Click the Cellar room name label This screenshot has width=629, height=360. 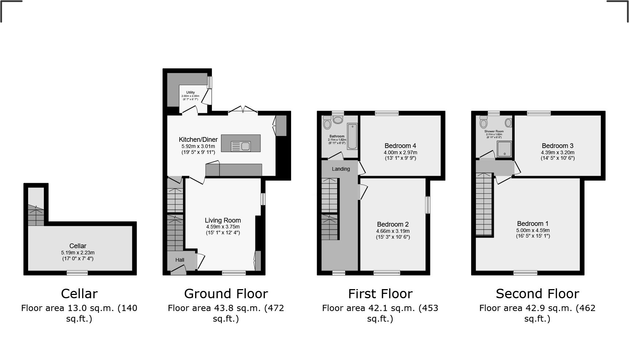click(x=78, y=246)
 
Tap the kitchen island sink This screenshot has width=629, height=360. click(x=241, y=146)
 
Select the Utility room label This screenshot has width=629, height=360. click(x=190, y=92)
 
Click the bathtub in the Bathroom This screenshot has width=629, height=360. click(x=352, y=137)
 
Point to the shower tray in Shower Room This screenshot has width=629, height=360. click(x=504, y=149)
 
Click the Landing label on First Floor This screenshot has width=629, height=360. click(x=341, y=169)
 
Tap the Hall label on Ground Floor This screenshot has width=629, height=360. click(x=180, y=260)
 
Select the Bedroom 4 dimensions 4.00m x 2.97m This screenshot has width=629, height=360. click(x=400, y=152)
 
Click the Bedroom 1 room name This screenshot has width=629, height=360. click(x=533, y=224)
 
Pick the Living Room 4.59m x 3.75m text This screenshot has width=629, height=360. click(x=223, y=227)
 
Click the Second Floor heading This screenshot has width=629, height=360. click(x=537, y=294)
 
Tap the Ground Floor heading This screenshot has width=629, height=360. click(x=226, y=294)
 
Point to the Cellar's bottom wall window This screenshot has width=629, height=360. click(x=77, y=273)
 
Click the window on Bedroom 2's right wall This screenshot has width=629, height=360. click(x=428, y=205)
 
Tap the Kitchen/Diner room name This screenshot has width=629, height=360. click(x=198, y=140)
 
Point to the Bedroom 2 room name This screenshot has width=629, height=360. click(x=393, y=224)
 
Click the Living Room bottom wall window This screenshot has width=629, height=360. click(x=234, y=273)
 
